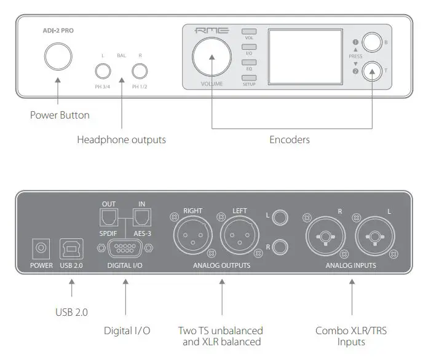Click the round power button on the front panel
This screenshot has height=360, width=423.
click(x=57, y=57)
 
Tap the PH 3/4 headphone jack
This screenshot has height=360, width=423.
click(x=103, y=72)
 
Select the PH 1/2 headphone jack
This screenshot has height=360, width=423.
click(x=140, y=72)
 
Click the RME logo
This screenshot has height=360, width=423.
click(x=211, y=31)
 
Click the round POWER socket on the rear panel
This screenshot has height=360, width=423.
click(x=42, y=249)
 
